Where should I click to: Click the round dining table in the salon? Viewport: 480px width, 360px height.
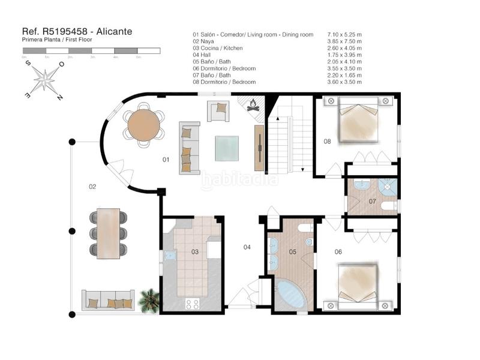pyautogui.click(x=144, y=125)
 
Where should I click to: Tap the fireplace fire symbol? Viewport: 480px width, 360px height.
pyautogui.click(x=253, y=106)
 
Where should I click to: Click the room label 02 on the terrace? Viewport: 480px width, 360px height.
pyautogui.click(x=92, y=187)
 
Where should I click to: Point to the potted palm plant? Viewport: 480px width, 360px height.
pyautogui.click(x=148, y=300)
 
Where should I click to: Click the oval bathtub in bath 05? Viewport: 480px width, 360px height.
pyautogui.click(x=291, y=295)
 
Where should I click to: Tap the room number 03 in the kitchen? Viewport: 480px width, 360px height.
pyautogui.click(x=195, y=252)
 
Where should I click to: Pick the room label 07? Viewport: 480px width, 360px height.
pyautogui.click(x=372, y=202)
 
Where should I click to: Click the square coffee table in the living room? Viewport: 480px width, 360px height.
pyautogui.click(x=227, y=148)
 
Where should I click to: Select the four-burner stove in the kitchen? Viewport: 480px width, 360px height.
pyautogui.click(x=193, y=304)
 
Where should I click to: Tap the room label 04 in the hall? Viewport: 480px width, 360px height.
pyautogui.click(x=247, y=247)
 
